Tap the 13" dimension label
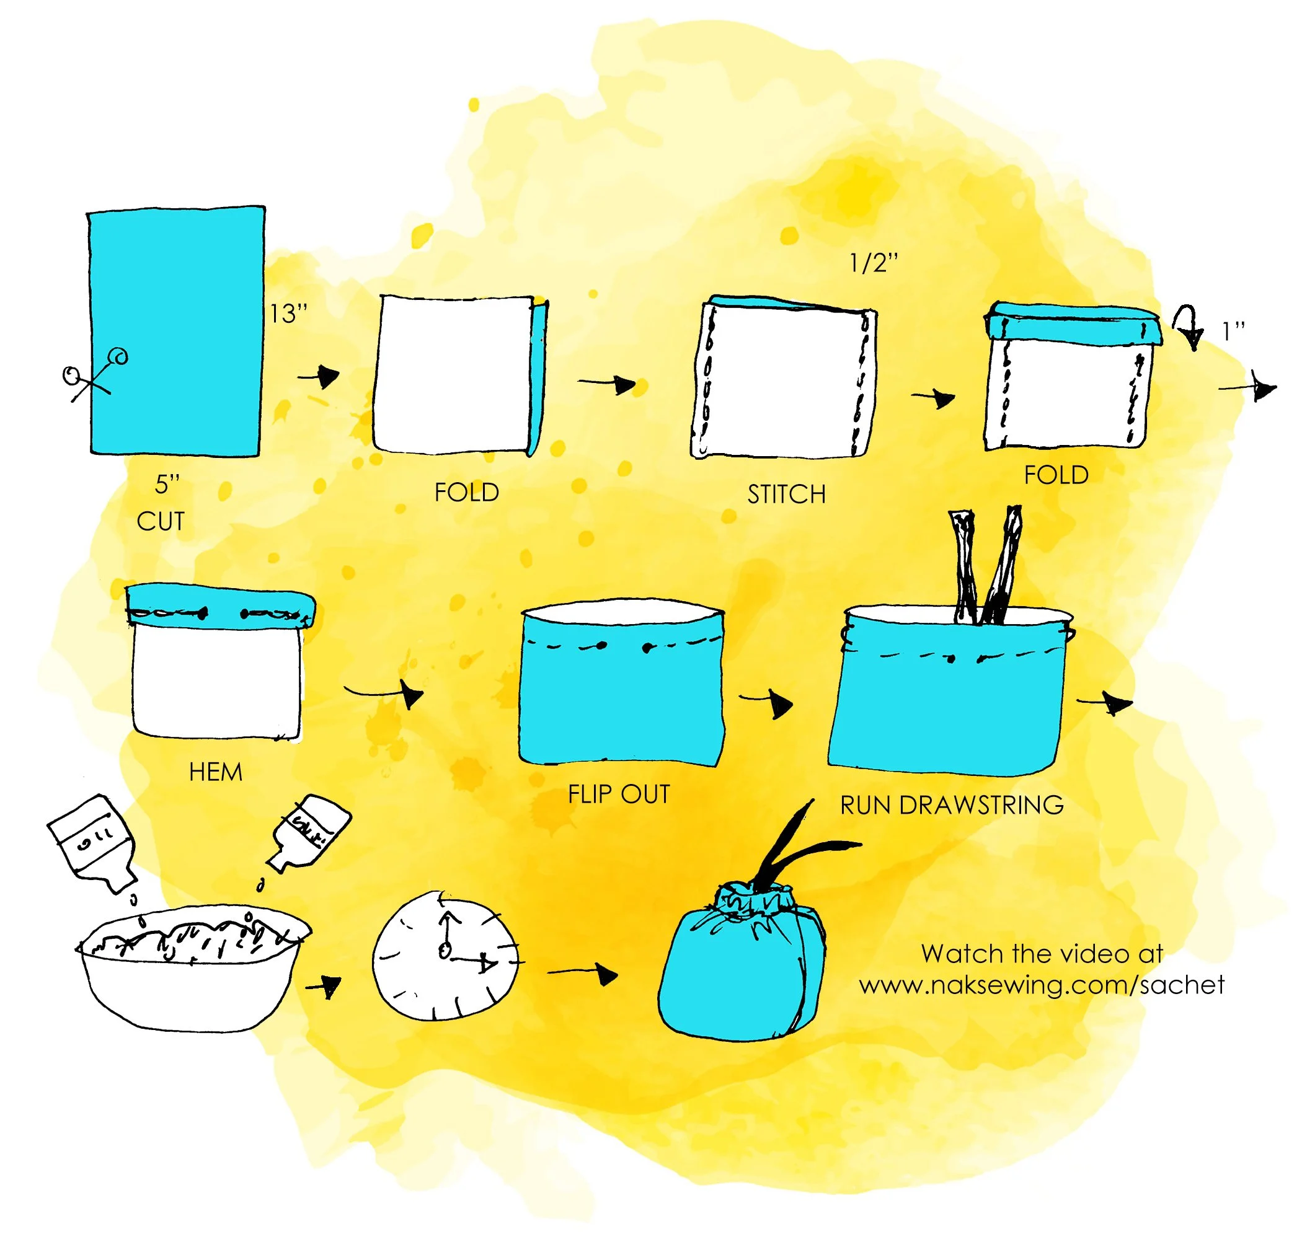pyautogui.click(x=288, y=314)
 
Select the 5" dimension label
pyautogui.click(x=167, y=485)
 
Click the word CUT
pyautogui.click(x=161, y=522)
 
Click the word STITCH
pyautogui.click(x=786, y=495)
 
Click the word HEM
pyautogui.click(x=216, y=772)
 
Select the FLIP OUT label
pyautogui.click(x=619, y=794)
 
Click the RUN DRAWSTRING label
pyautogui.click(x=951, y=805)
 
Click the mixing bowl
pyautogui.click(x=192, y=969)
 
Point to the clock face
pyautogui.click(x=445, y=956)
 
